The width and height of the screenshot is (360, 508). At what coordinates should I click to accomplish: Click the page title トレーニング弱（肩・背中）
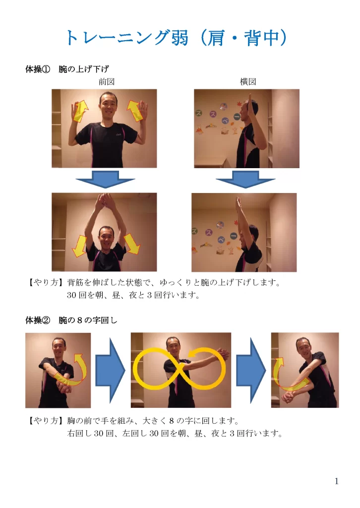click(177, 38)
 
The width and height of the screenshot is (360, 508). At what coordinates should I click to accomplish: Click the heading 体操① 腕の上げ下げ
click(67, 69)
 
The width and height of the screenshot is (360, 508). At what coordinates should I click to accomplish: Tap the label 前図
click(107, 82)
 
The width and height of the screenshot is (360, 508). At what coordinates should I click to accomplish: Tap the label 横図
click(248, 82)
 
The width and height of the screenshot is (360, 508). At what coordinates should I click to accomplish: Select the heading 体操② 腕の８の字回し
click(71, 320)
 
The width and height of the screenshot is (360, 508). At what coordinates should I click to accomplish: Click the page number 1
click(337, 481)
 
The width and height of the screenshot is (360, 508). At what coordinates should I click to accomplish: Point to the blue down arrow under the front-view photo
click(105, 179)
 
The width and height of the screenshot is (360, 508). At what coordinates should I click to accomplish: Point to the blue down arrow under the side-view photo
click(245, 179)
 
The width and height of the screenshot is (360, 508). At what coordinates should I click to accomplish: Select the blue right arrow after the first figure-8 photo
click(110, 370)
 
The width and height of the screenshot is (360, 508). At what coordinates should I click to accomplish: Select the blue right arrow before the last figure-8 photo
click(251, 370)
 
